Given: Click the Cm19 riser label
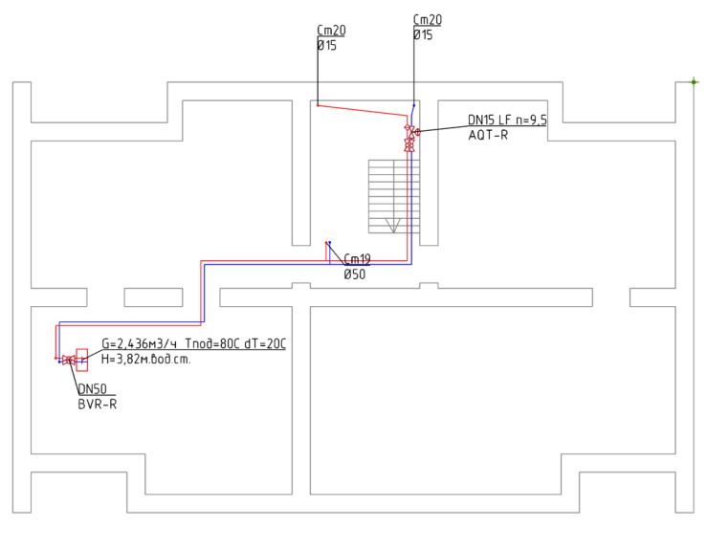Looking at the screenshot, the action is pos(357,259).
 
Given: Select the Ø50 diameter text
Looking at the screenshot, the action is pos(354,274).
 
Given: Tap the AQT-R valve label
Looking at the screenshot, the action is pos(488,135).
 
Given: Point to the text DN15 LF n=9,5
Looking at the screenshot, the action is pos(507,120).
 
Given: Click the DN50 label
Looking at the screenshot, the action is pos(93,389).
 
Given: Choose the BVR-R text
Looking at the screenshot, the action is pos(98,405).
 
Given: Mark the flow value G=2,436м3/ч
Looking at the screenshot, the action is pos(139,344).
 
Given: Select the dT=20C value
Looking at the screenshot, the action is pos(265,344).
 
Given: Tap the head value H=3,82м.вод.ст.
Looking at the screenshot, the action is pos(146,360).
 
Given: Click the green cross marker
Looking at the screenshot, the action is pos(695,82).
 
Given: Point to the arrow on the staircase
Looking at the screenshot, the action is pos(393,226).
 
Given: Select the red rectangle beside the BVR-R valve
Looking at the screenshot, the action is pos(82,360).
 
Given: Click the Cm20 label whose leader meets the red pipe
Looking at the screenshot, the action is pos(331,31).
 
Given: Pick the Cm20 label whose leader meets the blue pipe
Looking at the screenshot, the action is pos(428,20).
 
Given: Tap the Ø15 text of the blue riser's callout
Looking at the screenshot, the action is pos(423,34).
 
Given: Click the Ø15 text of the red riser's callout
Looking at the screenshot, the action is pos(327,45).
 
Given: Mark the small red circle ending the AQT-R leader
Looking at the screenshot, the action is pos(417,132).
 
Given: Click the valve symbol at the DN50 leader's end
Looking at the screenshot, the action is pos(69,360).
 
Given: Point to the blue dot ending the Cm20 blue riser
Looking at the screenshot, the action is pos(414,105).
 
